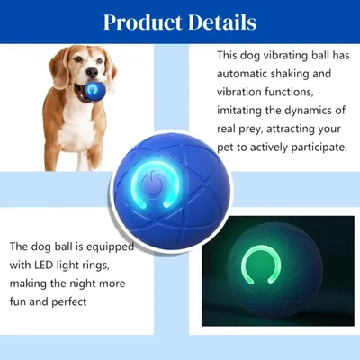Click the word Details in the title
point(221,21)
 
